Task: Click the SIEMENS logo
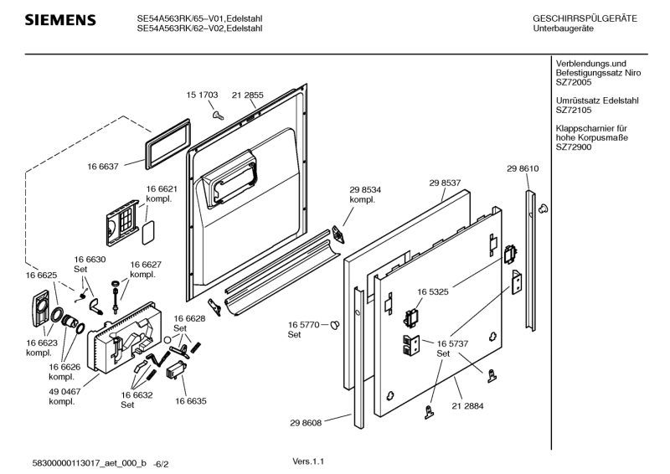pos(59,19)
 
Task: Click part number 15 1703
pos(202,95)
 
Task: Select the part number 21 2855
pos(247,95)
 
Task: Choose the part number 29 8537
pos(446,183)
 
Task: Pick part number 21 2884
pos(467,406)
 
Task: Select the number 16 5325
pos(435,292)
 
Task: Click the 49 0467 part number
pos(65,391)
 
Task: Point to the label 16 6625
pos(41,276)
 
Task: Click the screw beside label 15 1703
pos(216,114)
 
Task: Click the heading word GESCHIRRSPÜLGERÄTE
pos(584,18)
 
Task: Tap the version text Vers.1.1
pos(308,461)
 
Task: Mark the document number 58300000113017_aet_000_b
pos(90,462)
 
